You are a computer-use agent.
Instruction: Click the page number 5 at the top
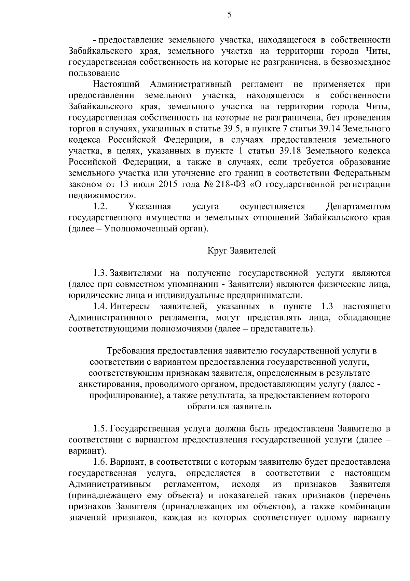[x=229, y=14]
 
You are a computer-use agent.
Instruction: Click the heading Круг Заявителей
[x=242, y=251]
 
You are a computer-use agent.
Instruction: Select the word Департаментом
[x=358, y=206]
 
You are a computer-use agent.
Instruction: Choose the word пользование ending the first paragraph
[x=94, y=73]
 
